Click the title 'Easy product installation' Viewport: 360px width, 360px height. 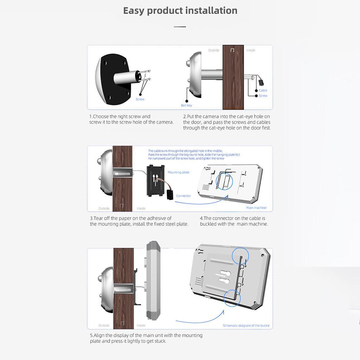click(x=180, y=11)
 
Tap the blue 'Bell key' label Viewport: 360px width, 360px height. click(x=186, y=105)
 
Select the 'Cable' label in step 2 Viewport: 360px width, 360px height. click(x=263, y=90)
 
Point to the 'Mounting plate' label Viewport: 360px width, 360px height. click(x=178, y=172)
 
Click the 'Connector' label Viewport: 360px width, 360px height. click(x=184, y=196)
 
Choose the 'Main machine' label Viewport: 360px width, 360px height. click(x=256, y=208)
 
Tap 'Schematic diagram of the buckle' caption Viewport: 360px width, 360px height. click(x=246, y=326)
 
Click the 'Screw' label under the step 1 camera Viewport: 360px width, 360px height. click(x=140, y=99)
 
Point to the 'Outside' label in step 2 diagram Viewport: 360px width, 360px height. click(x=213, y=50)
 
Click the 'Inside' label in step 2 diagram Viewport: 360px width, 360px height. click(x=251, y=50)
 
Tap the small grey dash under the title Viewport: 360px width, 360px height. click(x=180, y=26)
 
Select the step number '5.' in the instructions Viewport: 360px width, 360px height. click(x=92, y=335)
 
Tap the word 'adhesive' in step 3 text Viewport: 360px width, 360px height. click(x=157, y=218)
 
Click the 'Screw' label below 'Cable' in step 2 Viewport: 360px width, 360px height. click(x=263, y=96)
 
